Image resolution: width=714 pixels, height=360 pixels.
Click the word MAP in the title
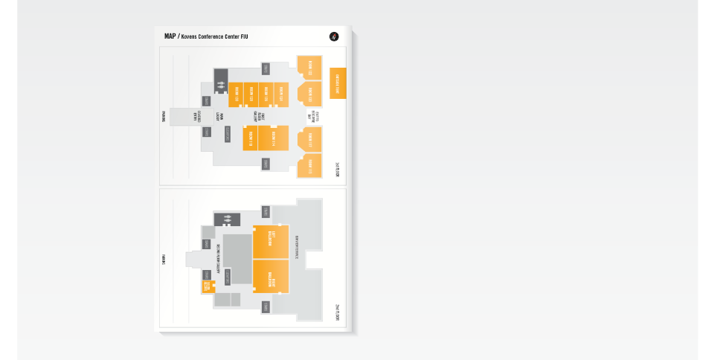(170, 36)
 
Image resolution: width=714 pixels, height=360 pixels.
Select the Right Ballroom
(271, 277)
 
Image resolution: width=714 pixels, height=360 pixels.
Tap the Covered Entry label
(197, 117)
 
